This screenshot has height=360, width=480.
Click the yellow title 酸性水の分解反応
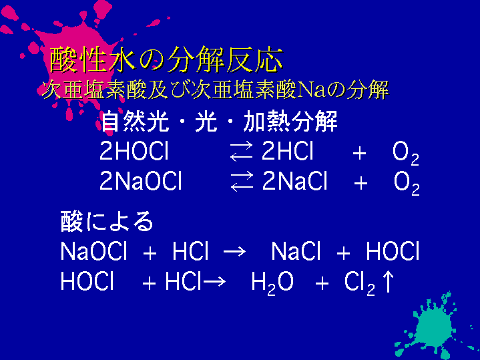point(166,59)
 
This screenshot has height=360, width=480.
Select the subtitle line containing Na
point(215,89)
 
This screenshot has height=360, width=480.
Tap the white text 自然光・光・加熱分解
point(219,122)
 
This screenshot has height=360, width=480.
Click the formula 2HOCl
point(134,152)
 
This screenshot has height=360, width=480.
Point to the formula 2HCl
point(288,152)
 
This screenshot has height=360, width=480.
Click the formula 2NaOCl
point(141,181)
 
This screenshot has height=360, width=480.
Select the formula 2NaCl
point(295,181)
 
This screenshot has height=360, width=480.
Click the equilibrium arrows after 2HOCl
point(242,152)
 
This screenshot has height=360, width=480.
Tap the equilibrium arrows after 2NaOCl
point(242,182)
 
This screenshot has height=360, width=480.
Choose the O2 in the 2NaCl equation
point(407,184)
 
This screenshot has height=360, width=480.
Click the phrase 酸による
point(107,221)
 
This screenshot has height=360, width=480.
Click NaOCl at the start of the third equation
point(93,251)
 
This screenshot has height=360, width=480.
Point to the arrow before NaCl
point(234,252)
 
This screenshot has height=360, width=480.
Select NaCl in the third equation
point(296,251)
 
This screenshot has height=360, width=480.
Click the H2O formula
point(272,283)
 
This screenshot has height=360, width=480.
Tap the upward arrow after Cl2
point(388,281)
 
